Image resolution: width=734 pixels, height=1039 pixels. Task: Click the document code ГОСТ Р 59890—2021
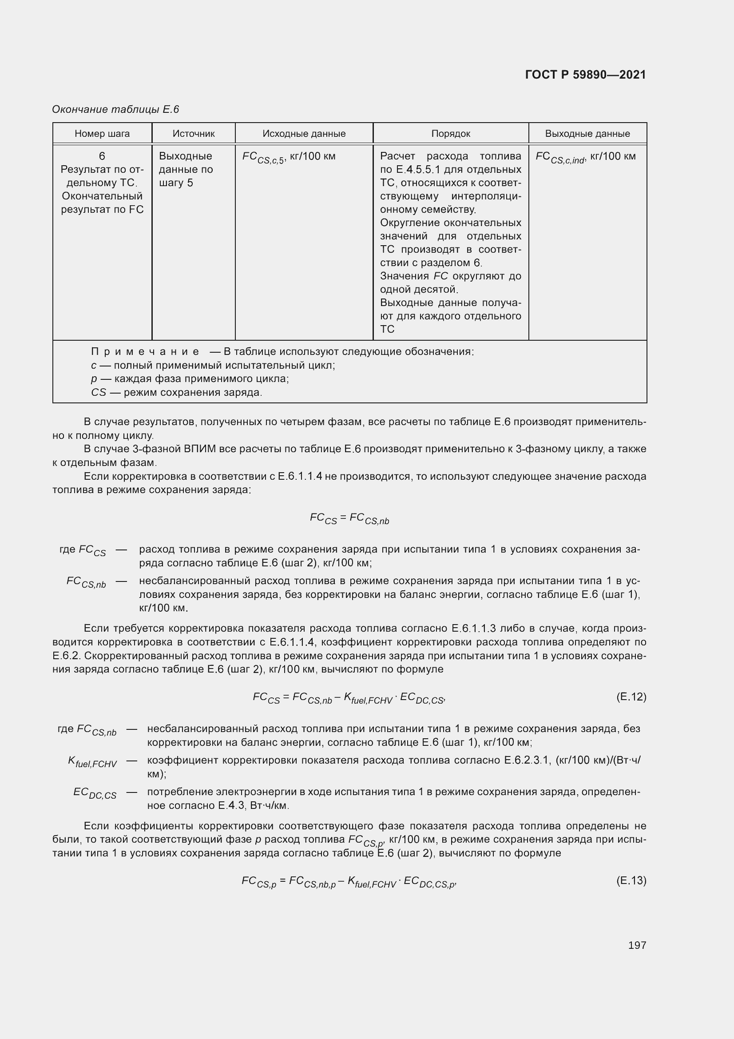pos(585,75)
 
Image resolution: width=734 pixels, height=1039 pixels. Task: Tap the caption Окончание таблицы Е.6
pos(115,110)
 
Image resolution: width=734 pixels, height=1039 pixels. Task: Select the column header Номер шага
pos(102,134)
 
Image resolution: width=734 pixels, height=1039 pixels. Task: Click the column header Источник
pos(194,134)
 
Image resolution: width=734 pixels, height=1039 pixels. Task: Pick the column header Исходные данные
pos(304,134)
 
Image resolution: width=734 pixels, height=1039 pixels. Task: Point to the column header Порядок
pos(450,134)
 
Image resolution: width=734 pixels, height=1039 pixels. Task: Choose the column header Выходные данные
pos(587,134)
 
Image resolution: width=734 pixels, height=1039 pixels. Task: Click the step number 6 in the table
pos(102,156)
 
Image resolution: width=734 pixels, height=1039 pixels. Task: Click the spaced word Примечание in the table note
pos(145,352)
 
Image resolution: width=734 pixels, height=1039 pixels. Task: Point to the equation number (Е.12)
pos(631,697)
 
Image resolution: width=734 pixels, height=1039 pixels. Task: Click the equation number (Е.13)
pos(631,880)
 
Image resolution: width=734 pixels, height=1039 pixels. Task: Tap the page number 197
pos(637,945)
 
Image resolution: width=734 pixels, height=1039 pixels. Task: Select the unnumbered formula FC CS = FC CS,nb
pos(349,518)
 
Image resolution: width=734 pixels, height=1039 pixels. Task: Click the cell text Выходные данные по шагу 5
pos(186,169)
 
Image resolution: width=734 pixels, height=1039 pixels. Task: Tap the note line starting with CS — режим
pos(176,392)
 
